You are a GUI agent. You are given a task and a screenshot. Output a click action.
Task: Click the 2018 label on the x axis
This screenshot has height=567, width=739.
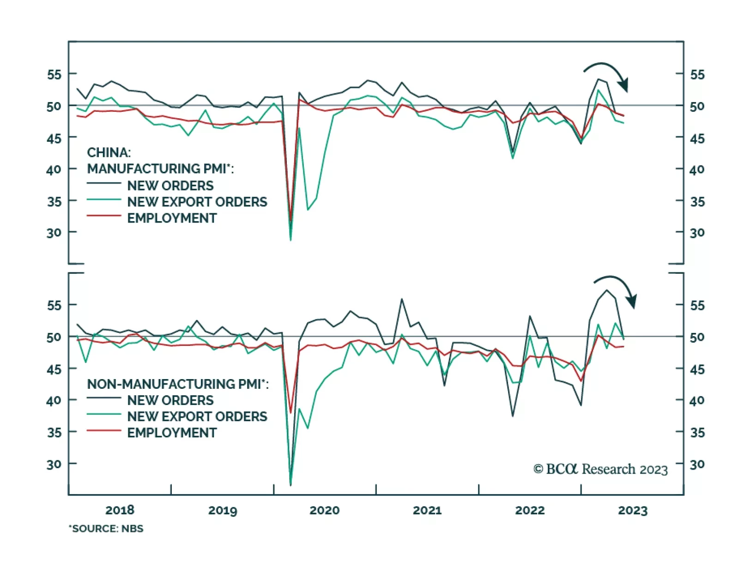pyautogui.click(x=120, y=510)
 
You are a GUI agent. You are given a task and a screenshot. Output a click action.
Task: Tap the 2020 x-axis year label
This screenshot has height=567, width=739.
pyautogui.click(x=324, y=510)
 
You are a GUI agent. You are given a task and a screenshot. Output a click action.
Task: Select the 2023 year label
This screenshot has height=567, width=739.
pyautogui.click(x=633, y=510)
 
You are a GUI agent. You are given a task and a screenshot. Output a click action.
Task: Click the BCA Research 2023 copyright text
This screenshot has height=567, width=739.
pyautogui.click(x=600, y=469)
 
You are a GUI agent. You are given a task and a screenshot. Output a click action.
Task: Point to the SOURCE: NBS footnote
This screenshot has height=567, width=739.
pyautogui.click(x=106, y=529)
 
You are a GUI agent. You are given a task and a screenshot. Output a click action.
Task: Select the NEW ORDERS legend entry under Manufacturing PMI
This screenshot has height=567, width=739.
pyautogui.click(x=170, y=186)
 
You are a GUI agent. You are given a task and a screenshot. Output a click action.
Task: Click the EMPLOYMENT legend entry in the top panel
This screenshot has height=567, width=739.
pyautogui.click(x=172, y=218)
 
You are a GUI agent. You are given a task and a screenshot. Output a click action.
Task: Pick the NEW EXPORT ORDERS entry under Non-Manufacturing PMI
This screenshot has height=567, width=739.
pyautogui.click(x=197, y=416)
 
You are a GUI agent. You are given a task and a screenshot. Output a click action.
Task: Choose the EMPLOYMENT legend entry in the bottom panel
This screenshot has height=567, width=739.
pyautogui.click(x=172, y=433)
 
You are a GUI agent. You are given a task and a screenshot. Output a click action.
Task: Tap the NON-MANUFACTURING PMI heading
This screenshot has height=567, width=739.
pyautogui.click(x=177, y=384)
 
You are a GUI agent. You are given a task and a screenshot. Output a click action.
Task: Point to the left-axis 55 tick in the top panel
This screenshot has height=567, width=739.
pyautogui.click(x=54, y=74)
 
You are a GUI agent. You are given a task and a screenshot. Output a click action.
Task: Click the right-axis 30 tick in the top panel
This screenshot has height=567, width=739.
pyautogui.click(x=697, y=233)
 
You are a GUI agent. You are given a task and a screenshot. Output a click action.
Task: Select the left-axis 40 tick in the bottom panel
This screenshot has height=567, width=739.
pyautogui.click(x=54, y=400)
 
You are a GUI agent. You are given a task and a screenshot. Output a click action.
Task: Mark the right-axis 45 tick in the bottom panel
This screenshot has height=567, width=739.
pyautogui.click(x=697, y=369)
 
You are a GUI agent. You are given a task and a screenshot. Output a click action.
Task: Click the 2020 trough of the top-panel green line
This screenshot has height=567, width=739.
pyautogui.click(x=291, y=240)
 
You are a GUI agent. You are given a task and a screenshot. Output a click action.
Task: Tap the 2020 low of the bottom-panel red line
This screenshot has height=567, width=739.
pyautogui.click(x=291, y=412)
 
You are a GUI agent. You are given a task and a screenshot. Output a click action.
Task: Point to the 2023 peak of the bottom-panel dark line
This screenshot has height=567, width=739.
pyautogui.click(x=607, y=290)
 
